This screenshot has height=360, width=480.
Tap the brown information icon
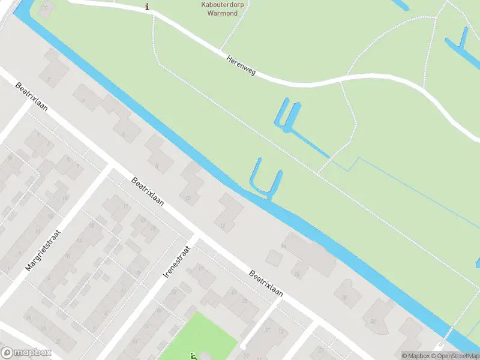pos(148,7)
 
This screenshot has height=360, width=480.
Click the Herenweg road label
pos(241,66)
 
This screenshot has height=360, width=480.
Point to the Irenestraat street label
pos(176,262)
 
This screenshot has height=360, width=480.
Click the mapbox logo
pos(26,353)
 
